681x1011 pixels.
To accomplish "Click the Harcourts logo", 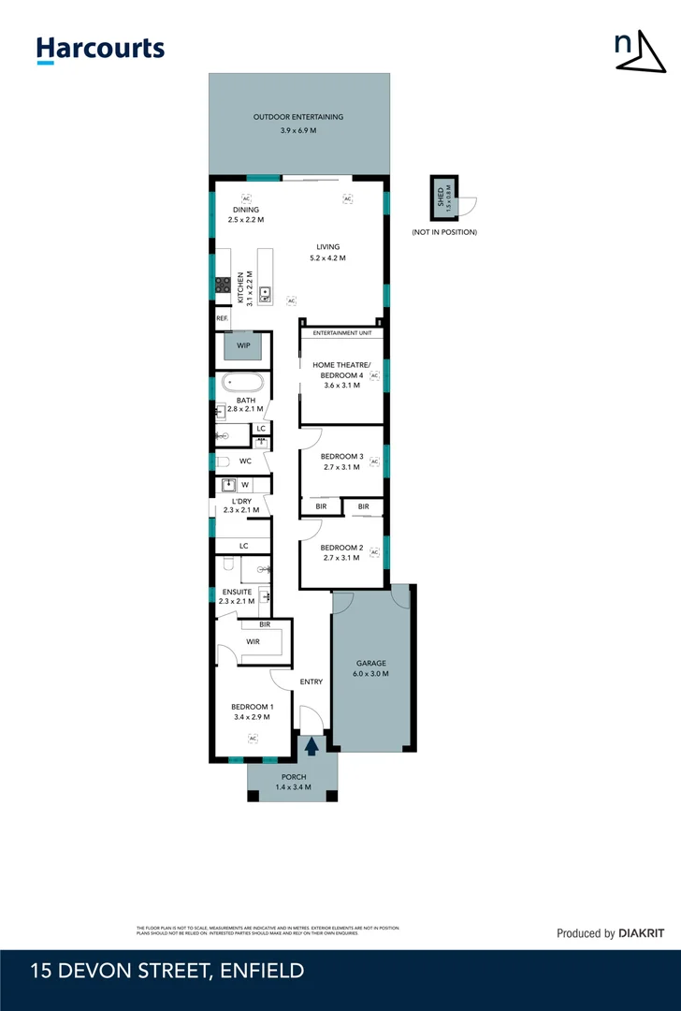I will point(100,49).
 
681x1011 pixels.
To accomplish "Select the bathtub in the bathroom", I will point(242,383).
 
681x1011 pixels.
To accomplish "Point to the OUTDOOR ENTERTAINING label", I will point(298,117).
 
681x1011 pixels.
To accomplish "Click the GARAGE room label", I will point(371,662).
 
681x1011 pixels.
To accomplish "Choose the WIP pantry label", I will point(243,345).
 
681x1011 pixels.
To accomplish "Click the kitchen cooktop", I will point(224,286).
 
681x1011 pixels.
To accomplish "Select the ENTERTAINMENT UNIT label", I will point(341,332).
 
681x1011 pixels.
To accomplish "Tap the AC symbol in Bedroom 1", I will point(253,738).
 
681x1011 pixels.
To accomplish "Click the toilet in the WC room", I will point(223,462).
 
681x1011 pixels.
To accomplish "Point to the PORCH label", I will point(293,777).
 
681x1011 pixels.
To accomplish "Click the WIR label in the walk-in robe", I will point(253,642).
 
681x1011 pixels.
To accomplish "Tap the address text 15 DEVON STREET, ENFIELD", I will point(167,971).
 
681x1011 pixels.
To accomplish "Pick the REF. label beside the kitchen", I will point(222,318).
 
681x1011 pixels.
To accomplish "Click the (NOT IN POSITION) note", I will point(444,232).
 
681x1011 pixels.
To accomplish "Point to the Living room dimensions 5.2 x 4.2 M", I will point(327,258).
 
